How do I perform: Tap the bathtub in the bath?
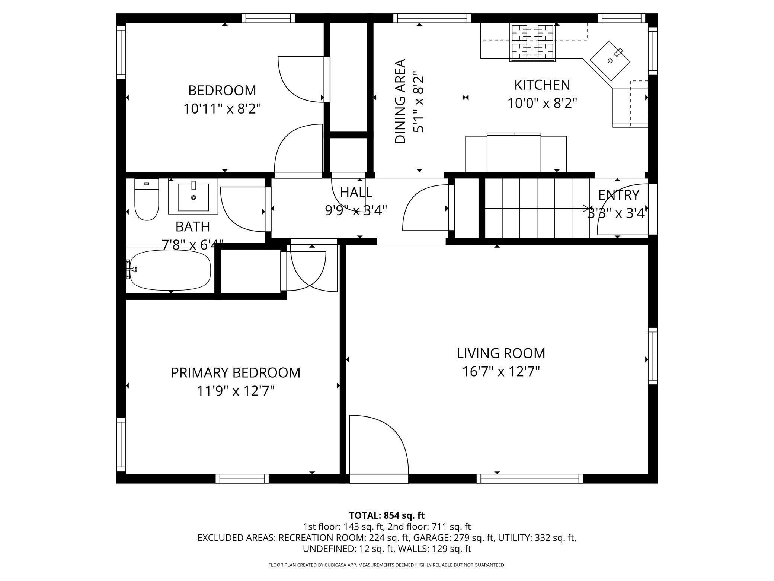coord(170,270)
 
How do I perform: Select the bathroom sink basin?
coord(193,197)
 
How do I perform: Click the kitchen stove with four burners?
coord(533,42)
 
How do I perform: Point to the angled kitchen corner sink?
coord(610,60)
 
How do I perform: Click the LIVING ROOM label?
coord(501,353)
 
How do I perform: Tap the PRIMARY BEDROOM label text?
coord(236,372)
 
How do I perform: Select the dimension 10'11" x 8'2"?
coord(222,109)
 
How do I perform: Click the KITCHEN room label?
coord(542,85)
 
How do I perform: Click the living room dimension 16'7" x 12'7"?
coord(501,371)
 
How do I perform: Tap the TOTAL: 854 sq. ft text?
coord(387,515)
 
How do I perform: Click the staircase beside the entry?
coord(537,208)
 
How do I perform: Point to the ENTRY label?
coord(618,195)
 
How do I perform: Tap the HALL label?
coord(356,192)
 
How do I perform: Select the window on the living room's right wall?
coord(653,356)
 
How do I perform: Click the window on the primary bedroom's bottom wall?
coord(242,479)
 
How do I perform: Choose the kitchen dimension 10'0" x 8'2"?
coord(542,103)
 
